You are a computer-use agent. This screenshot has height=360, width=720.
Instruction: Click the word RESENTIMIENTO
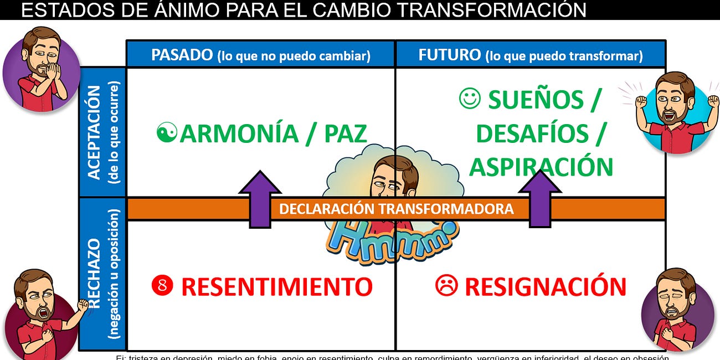pyautogui.click(x=276, y=287)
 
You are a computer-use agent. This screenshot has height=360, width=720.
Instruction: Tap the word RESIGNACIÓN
pyautogui.click(x=545, y=287)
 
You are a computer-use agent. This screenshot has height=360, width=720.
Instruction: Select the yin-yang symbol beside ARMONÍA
pyautogui.click(x=166, y=133)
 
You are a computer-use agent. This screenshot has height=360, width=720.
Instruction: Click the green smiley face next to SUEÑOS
pyautogui.click(x=470, y=99)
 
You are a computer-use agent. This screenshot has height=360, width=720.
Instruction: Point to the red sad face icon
pyautogui.click(x=446, y=286)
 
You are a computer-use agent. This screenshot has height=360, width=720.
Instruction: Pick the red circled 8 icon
pyautogui.click(x=162, y=286)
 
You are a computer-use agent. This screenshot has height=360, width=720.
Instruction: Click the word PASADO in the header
pyautogui.click(x=182, y=55)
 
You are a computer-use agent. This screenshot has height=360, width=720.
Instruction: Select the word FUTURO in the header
pyautogui.click(x=450, y=55)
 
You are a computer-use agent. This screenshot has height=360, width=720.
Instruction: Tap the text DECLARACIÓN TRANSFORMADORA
pyautogui.click(x=396, y=209)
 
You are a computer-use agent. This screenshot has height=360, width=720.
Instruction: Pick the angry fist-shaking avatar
pyautogui.click(x=42, y=313)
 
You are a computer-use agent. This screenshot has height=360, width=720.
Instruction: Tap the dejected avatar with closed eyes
pyautogui.click(x=677, y=310)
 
